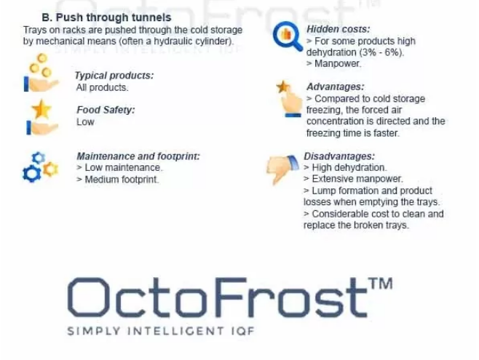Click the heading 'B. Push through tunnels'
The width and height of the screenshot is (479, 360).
106,17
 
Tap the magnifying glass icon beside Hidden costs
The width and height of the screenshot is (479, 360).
288,36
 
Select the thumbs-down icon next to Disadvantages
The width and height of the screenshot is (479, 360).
282,169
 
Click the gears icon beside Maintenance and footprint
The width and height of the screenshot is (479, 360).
40,167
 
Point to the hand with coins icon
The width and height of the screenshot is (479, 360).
41,73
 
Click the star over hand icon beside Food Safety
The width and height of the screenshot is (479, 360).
41,118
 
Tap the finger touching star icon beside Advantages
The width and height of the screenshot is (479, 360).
289,99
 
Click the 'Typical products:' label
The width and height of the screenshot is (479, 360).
114,76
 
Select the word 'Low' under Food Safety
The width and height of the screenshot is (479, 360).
85,121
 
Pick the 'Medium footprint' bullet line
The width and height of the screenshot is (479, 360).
118,180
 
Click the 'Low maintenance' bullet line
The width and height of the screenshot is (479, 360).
119,167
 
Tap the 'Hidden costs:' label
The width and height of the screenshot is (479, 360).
339,29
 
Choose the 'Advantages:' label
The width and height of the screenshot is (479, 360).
336,87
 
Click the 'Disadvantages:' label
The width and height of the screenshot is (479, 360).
339,156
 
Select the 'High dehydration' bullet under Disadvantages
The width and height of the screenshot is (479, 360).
345,167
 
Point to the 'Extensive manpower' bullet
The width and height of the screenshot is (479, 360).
354,179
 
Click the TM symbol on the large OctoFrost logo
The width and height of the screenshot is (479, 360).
381,283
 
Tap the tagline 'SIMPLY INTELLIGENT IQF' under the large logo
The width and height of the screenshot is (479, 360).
161,331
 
